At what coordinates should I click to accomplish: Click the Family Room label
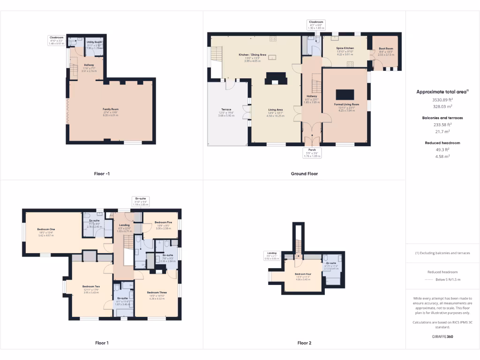[111, 109]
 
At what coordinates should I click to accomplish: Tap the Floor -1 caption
[102, 173]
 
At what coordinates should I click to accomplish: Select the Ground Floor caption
[304, 173]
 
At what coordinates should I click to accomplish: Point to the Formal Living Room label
[346, 104]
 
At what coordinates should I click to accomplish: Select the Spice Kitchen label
[345, 48]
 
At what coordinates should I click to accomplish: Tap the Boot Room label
[386, 49]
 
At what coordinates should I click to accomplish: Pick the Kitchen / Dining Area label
[252, 55]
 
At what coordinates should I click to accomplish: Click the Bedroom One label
[46, 229]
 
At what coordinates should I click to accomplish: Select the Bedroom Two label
[91, 286]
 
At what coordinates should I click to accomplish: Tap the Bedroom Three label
[157, 292]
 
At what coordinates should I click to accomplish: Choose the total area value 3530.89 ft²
[442, 100]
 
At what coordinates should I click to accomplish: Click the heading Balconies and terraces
[442, 118]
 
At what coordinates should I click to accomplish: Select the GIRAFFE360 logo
[442, 336]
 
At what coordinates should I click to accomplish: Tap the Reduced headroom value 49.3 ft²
[442, 150]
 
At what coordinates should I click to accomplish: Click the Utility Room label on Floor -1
[94, 42]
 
